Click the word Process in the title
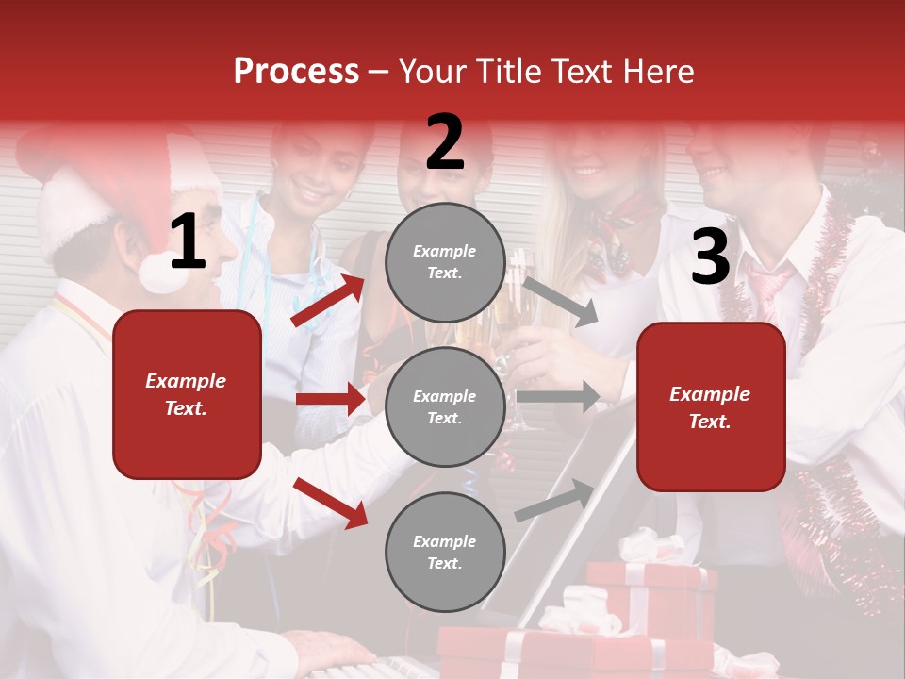click(x=296, y=71)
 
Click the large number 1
click(x=188, y=242)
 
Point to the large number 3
click(x=710, y=257)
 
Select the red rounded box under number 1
click(x=187, y=394)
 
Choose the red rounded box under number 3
click(x=711, y=406)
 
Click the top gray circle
click(x=445, y=262)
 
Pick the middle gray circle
click(x=445, y=406)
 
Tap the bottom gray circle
click(x=445, y=552)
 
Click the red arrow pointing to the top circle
click(x=327, y=300)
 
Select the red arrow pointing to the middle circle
click(x=330, y=399)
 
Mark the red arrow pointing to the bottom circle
click(x=330, y=502)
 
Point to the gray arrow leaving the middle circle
click(x=558, y=396)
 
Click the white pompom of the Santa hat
click(x=160, y=273)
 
